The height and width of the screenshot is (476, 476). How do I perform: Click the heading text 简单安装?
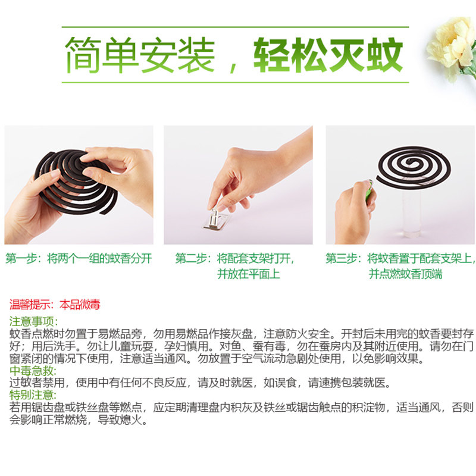140,55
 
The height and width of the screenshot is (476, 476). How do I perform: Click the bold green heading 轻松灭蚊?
328,55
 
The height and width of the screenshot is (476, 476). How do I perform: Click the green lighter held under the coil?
371,190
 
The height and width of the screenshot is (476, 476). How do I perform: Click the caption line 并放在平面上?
248,274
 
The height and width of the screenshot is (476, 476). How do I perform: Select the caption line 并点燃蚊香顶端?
405,274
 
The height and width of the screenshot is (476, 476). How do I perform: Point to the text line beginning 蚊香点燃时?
238,334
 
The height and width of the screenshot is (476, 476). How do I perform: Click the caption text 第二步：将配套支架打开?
234,259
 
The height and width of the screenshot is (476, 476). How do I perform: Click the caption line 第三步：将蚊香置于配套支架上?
400,259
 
